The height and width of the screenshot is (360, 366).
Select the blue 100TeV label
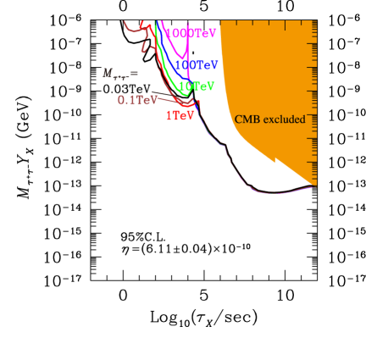[x=197, y=64]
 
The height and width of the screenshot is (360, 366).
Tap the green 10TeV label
[x=196, y=86]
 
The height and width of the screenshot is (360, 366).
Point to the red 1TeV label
[x=180, y=115]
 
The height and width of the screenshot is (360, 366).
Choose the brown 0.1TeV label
[x=134, y=100]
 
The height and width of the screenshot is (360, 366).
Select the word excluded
[x=284, y=119]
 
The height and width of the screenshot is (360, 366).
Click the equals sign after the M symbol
[x=134, y=75]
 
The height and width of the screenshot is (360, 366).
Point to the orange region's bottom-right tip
[x=315, y=185]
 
